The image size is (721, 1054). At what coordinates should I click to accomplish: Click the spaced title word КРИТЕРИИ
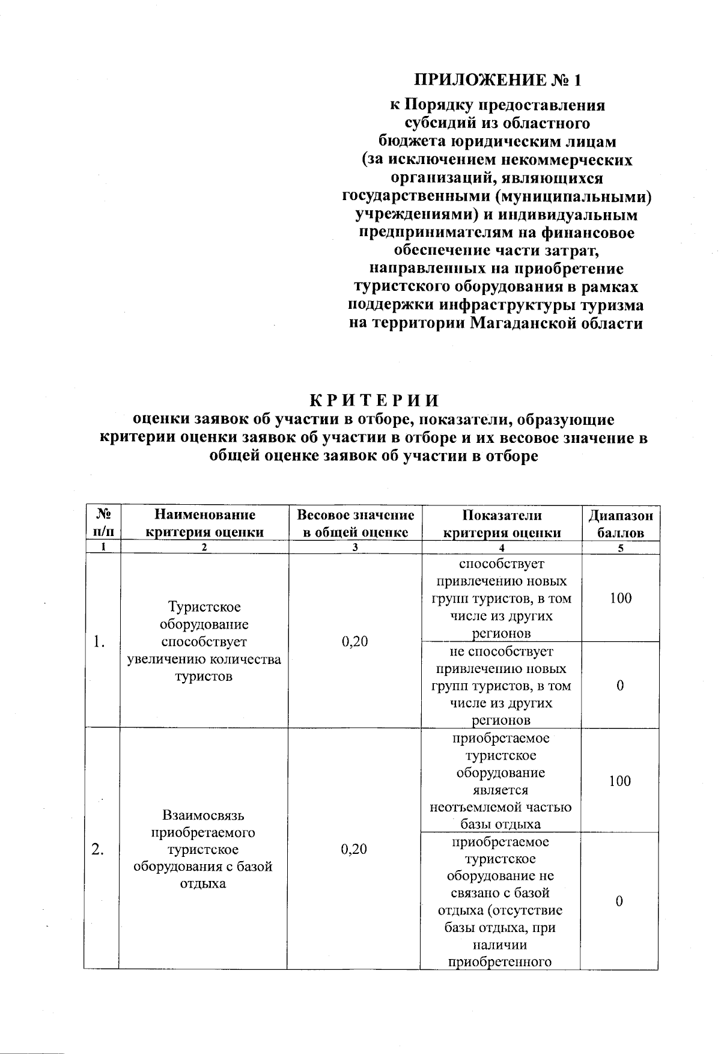tap(374, 400)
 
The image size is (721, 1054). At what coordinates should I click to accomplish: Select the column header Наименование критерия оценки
tap(204, 523)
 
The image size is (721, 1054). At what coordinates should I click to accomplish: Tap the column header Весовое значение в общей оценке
tap(356, 523)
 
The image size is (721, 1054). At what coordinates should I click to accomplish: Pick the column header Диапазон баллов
tap(620, 523)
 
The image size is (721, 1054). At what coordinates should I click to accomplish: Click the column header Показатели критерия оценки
tap(502, 523)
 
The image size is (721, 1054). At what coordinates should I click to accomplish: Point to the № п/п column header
tap(102, 523)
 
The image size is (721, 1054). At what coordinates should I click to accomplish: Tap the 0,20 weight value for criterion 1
tap(354, 641)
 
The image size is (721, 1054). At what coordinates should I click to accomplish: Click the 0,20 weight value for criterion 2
tap(354, 849)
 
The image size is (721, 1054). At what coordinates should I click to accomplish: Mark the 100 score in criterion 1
tap(620, 598)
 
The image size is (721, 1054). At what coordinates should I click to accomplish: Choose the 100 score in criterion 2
tap(620, 781)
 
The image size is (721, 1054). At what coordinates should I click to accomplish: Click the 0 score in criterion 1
tap(620, 686)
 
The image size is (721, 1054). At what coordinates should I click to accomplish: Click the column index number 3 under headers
tap(355, 547)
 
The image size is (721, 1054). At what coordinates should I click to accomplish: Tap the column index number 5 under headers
tap(621, 547)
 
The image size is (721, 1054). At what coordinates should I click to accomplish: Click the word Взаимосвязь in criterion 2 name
tap(203, 815)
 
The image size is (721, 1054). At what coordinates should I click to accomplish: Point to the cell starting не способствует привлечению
tap(502, 686)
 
